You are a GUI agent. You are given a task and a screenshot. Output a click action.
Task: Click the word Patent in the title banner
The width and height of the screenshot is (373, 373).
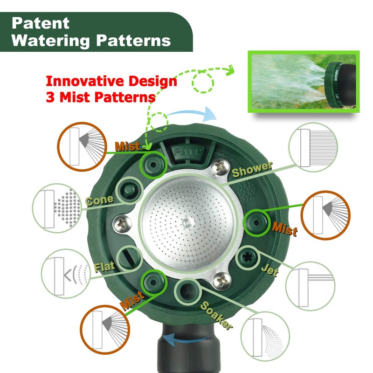41,23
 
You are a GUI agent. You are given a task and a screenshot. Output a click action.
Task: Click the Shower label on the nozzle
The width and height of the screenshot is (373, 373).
252,169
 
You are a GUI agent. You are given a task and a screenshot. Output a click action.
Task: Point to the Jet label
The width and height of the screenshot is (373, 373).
270,270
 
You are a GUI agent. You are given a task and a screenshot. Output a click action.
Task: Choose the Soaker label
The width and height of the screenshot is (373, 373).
216,316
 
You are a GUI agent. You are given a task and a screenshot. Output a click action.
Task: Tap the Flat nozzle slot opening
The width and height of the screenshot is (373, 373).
130,259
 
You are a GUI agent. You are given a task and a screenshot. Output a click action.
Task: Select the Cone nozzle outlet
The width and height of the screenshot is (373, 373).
130,190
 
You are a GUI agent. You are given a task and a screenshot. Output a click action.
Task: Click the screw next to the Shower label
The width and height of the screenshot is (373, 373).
220,167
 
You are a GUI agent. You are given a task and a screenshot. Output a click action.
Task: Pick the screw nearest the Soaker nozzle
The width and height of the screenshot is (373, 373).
222,281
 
